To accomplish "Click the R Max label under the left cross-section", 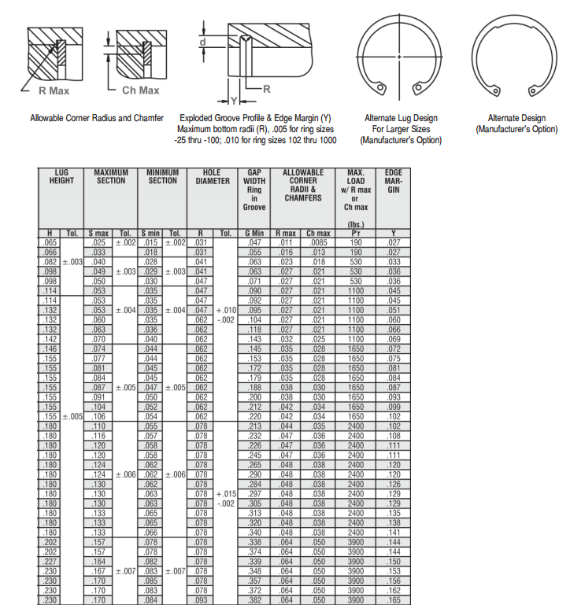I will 54,90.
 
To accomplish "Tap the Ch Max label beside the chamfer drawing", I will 141,90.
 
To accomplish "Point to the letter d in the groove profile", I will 203,40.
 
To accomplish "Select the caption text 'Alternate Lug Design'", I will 401,118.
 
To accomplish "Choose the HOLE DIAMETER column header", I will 213,176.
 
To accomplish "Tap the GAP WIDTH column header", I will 254,189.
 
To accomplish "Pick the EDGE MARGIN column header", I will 394,180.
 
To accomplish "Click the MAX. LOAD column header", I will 355,189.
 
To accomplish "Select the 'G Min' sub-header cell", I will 254,233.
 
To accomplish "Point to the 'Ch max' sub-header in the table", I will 318,233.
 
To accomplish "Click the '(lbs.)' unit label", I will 355,224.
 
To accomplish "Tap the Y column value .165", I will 394,600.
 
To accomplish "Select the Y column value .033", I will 394,261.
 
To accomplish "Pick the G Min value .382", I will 254,600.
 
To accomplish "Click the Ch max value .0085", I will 318,242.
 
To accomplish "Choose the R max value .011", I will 285,242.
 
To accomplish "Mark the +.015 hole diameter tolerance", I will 227,493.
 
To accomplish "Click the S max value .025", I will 98,242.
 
